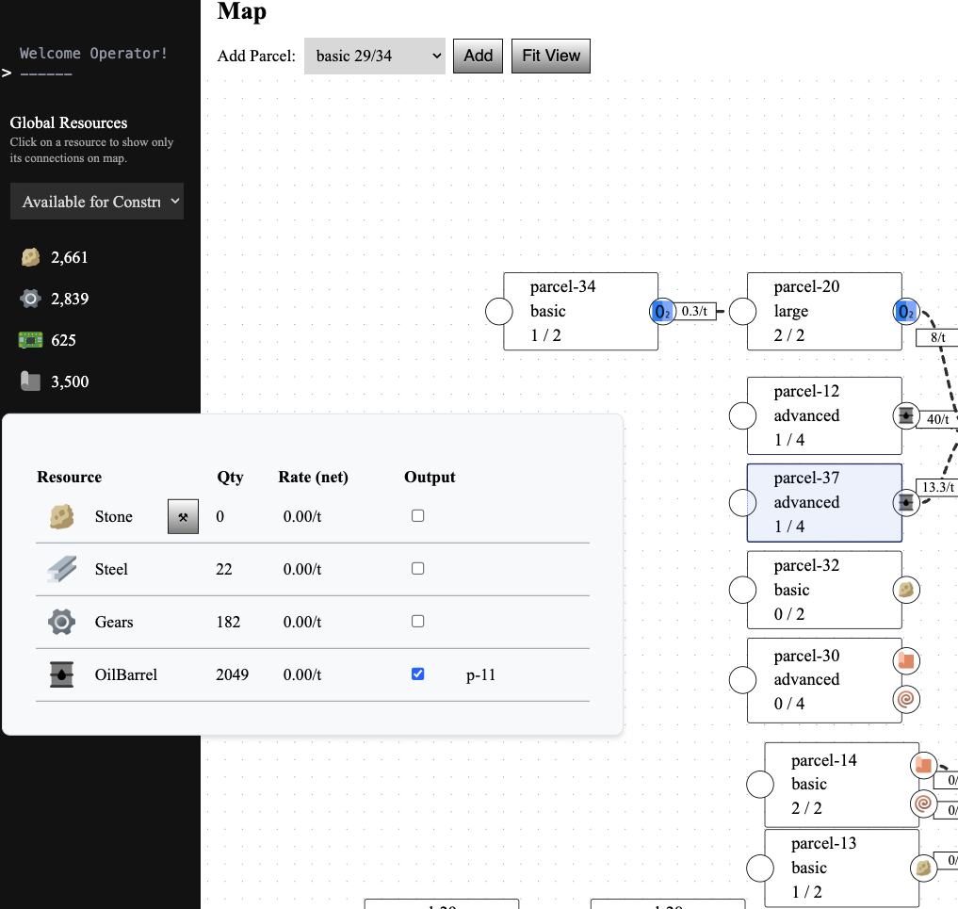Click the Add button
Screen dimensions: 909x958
point(478,56)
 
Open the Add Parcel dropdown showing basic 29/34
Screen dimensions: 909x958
point(374,56)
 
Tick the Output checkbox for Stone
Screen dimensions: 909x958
point(418,516)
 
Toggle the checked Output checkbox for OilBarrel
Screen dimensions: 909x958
point(418,674)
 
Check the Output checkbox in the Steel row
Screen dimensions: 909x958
point(418,569)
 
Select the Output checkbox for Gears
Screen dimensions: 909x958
point(418,622)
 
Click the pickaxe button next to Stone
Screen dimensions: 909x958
point(183,516)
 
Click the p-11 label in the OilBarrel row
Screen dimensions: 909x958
point(480,674)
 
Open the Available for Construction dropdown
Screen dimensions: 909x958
point(96,202)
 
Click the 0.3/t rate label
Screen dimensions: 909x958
point(695,312)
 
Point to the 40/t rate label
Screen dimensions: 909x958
point(938,419)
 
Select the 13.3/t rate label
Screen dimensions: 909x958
point(938,487)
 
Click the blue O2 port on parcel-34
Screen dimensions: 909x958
point(662,312)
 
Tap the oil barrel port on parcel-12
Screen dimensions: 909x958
point(905,415)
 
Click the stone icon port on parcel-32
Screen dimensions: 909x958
point(905,590)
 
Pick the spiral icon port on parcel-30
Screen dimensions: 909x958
point(905,700)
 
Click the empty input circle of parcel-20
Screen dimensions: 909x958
point(743,312)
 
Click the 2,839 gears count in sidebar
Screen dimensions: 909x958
point(69,299)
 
